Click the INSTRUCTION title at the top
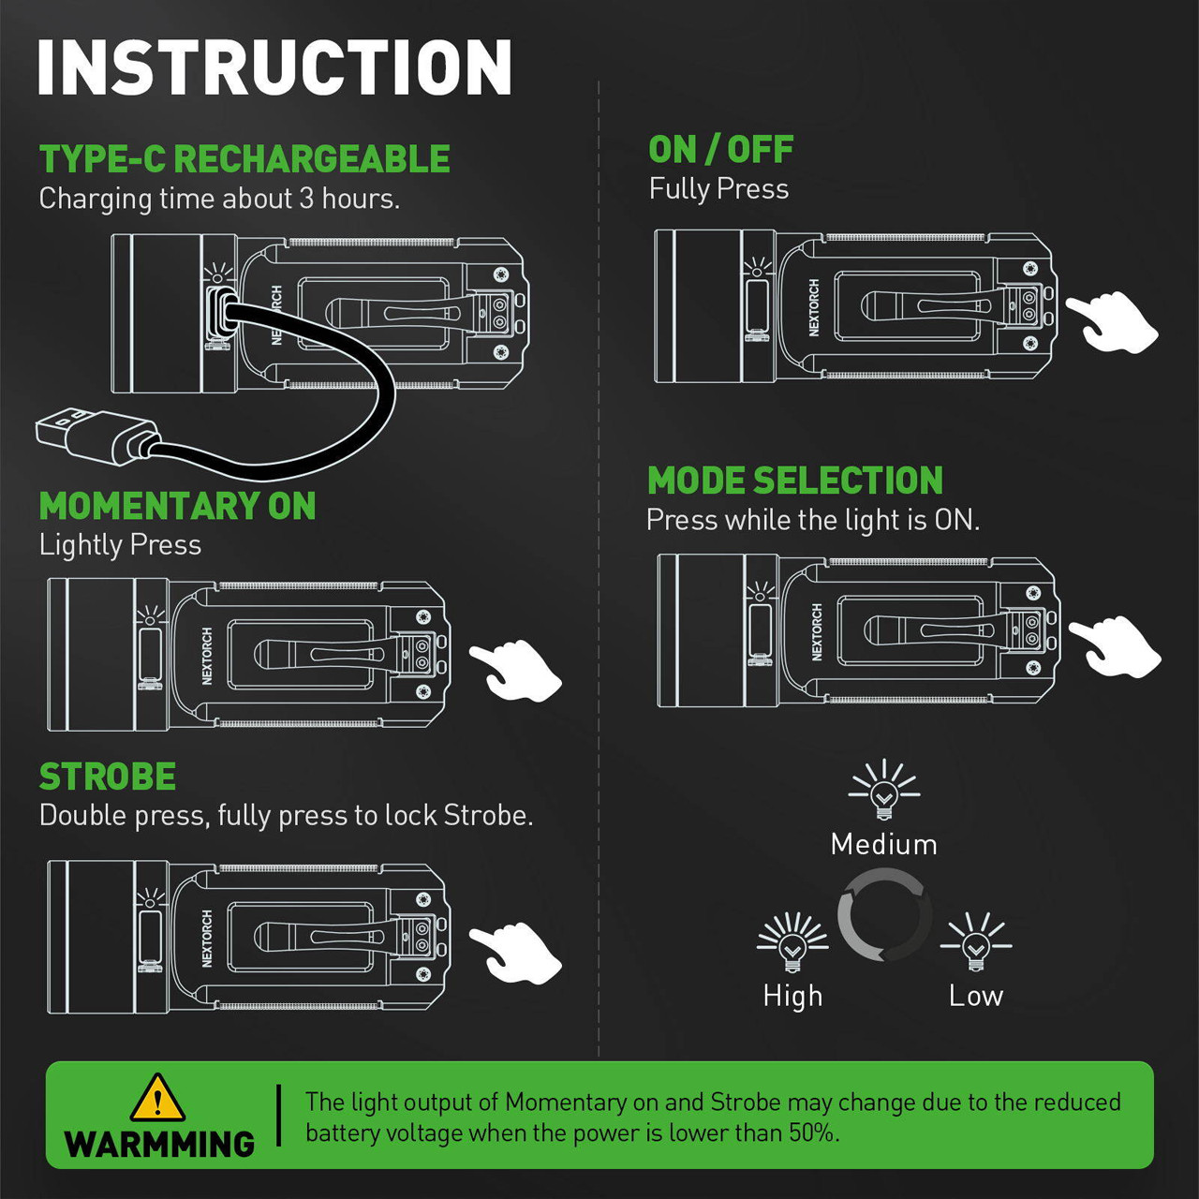click(274, 67)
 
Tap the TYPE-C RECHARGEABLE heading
click(244, 159)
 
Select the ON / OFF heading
click(720, 150)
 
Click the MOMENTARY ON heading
click(177, 507)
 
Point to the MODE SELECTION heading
click(794, 481)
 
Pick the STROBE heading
click(108, 777)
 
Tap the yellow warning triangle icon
click(157, 1099)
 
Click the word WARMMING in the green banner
click(159, 1144)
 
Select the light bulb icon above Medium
click(883, 789)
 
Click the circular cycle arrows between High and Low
click(883, 915)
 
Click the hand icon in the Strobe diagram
click(516, 952)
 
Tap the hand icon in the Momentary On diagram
click(516, 670)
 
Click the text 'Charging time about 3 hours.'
click(219, 199)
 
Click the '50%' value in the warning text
click(811, 1132)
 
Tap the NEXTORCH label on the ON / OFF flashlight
click(813, 308)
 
